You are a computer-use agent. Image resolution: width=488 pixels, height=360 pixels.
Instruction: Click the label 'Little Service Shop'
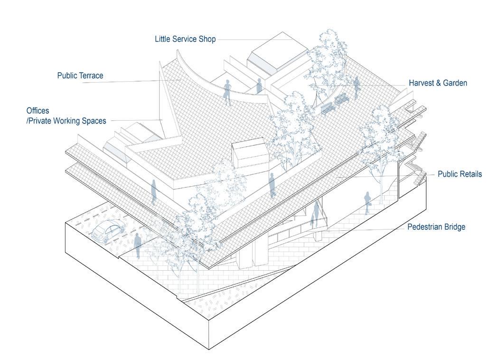click(185, 39)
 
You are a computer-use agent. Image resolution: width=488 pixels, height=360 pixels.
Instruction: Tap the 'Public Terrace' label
click(80, 76)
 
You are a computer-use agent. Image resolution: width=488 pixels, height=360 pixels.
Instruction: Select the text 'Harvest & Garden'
click(438, 83)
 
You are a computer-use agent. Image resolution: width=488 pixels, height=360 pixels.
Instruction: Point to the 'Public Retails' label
click(460, 174)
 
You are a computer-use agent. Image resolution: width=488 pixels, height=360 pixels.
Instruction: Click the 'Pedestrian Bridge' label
click(436, 227)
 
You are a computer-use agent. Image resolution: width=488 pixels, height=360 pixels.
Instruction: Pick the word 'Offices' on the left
click(38, 111)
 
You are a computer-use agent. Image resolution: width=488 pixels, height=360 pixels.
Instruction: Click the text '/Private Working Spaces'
click(66, 121)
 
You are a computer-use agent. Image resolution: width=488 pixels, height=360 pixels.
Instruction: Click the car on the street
click(108, 231)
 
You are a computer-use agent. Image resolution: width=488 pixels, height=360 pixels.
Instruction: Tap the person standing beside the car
click(137, 245)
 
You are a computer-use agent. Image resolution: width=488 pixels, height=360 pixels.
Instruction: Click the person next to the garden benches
click(356, 88)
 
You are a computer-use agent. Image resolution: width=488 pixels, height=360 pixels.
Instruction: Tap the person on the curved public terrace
click(227, 92)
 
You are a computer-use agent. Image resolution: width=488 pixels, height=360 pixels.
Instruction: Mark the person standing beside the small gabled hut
click(272, 185)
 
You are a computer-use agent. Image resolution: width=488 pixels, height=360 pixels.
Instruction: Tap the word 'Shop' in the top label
click(207, 39)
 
